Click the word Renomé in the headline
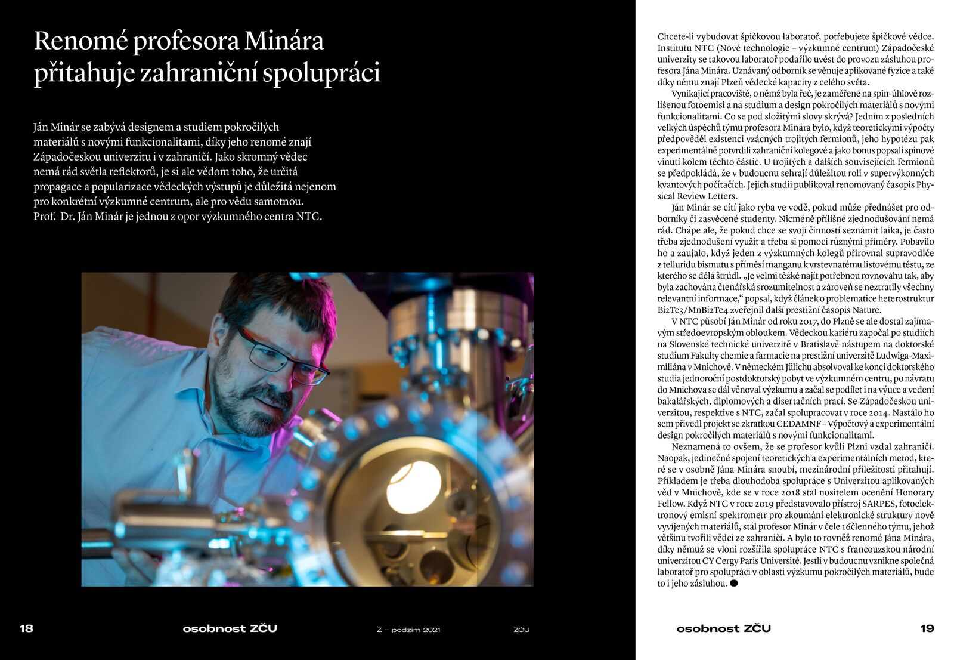[80, 41]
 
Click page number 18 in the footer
[26, 628]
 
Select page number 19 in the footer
[927, 628]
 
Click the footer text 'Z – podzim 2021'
[408, 630]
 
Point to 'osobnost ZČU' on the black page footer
[230, 628]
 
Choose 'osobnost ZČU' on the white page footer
[723, 628]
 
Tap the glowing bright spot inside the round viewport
[413, 486]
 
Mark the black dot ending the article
[734, 583]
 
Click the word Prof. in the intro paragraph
[44, 217]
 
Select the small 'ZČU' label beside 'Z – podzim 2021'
[522, 630]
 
